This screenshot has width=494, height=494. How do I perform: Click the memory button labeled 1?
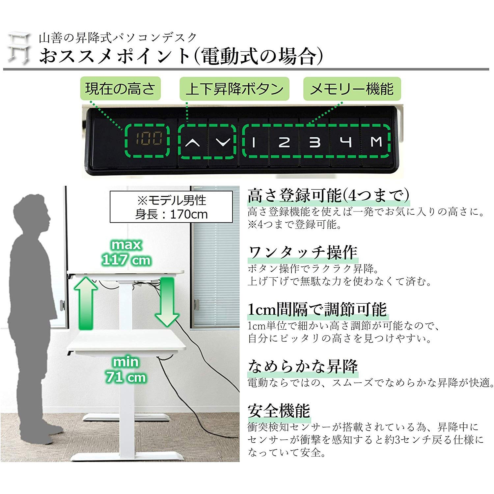(x=254, y=142)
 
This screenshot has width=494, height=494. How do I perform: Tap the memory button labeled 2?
(x=284, y=142)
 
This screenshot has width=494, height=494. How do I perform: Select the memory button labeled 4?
(x=346, y=142)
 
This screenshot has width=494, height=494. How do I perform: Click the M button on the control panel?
(x=376, y=142)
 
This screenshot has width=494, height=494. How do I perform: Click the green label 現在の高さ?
(x=120, y=89)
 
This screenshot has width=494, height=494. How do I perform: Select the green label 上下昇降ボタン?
(x=234, y=89)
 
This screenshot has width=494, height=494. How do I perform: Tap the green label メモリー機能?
(x=352, y=89)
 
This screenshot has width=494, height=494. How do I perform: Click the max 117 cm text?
(x=126, y=252)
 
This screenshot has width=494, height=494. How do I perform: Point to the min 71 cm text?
(x=126, y=370)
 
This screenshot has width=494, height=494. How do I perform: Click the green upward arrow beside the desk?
(x=86, y=302)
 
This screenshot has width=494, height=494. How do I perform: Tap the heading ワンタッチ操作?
(x=303, y=253)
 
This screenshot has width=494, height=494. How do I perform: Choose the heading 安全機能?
(x=279, y=411)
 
